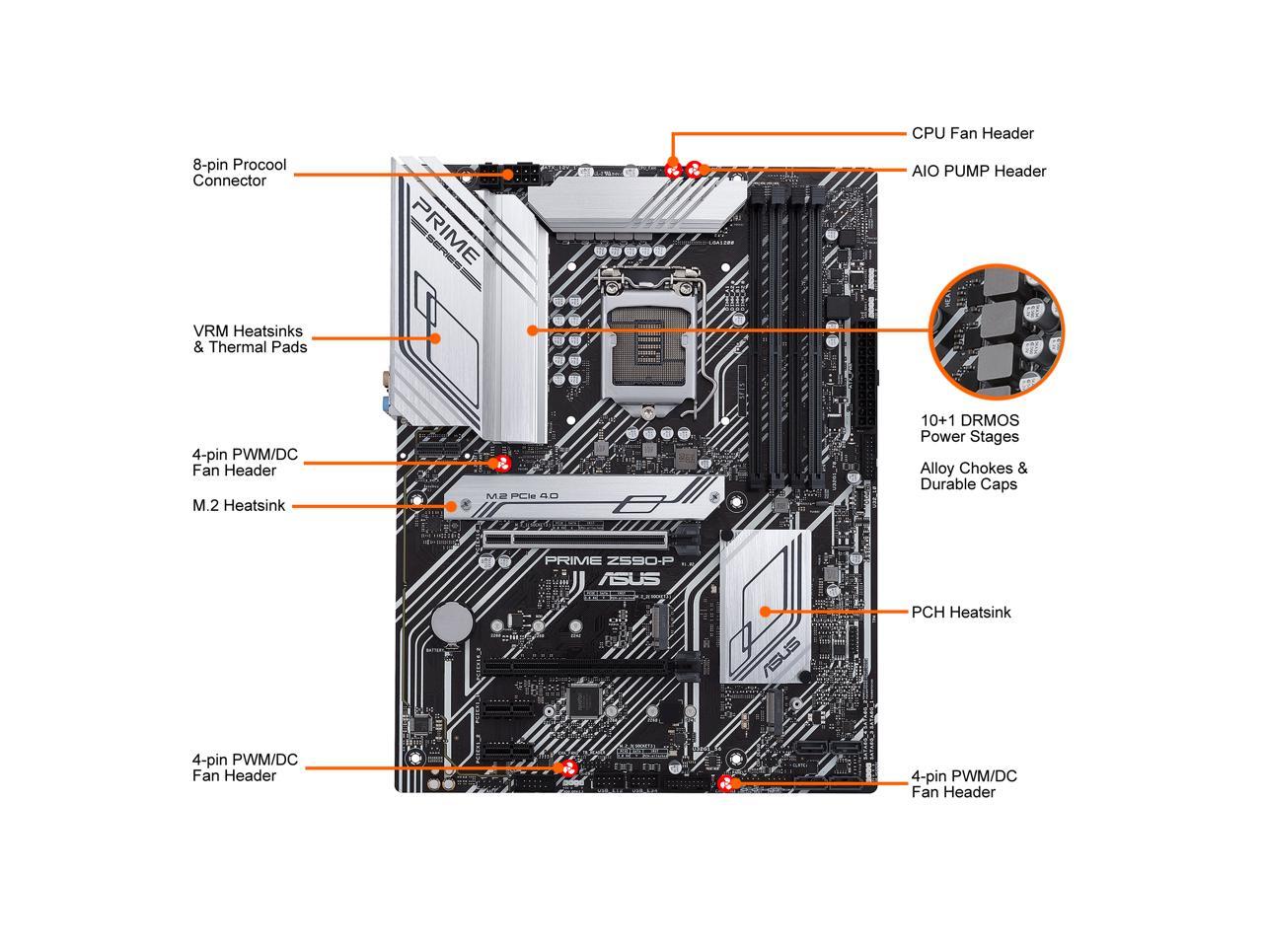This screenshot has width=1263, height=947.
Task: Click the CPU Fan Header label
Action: point(972,133)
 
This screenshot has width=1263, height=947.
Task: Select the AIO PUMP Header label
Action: point(978,171)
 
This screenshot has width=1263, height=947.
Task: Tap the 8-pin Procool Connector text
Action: point(240,173)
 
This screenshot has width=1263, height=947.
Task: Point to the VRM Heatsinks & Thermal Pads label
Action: point(250,339)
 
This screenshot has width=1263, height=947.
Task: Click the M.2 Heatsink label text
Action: point(239,506)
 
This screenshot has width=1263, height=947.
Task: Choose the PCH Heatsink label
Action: point(961,612)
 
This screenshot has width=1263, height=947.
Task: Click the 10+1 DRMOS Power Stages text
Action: point(969,428)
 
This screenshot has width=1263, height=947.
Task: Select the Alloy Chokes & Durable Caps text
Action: point(973,476)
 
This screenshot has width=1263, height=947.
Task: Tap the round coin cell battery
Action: point(455,622)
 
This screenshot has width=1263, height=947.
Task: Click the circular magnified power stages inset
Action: point(997,330)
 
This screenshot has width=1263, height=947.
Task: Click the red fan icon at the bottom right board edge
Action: point(729,784)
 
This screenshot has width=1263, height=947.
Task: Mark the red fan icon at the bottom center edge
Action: point(569,769)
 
